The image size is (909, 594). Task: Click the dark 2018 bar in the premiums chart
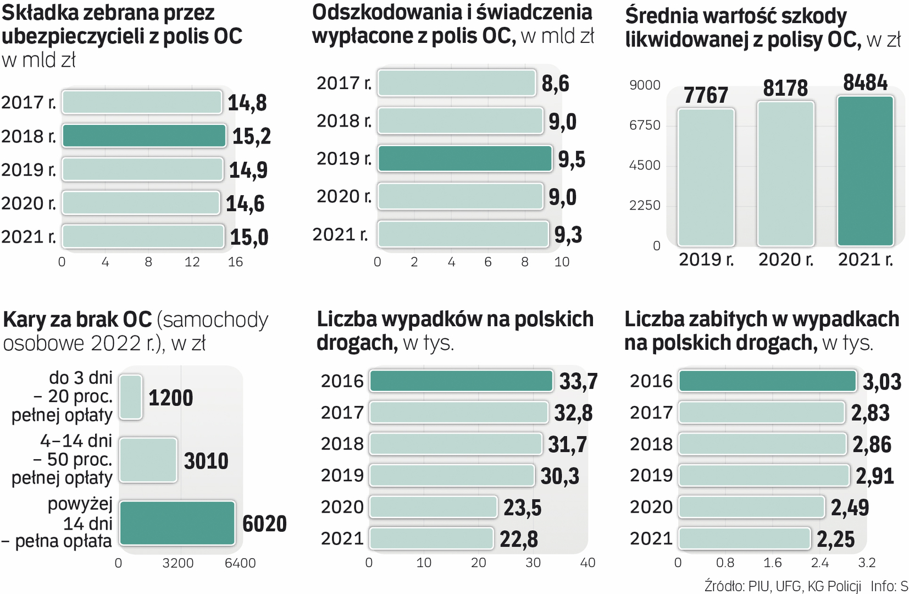pyautogui.click(x=144, y=136)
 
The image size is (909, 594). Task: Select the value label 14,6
pyautogui.click(x=245, y=204)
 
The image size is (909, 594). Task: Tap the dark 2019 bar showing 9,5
pyautogui.click(x=465, y=159)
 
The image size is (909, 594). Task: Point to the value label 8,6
pyautogui.click(x=555, y=84)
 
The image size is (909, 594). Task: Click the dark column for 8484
pyautogui.click(x=865, y=171)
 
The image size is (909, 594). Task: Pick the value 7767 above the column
pyautogui.click(x=706, y=95)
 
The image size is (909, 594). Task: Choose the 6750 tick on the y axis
pyautogui.click(x=645, y=125)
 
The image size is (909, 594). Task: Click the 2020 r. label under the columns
pyautogui.click(x=785, y=260)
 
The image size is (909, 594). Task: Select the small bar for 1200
pyautogui.click(x=131, y=397)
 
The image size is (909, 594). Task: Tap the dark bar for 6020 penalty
pyautogui.click(x=177, y=523)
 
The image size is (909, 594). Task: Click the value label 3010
pyautogui.click(x=206, y=461)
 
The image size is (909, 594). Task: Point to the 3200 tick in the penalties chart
pyautogui.click(x=178, y=563)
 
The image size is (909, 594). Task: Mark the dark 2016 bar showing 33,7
pyautogui.click(x=461, y=381)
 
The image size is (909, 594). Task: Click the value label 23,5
pyautogui.click(x=522, y=508)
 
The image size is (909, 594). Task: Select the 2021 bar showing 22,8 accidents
pyautogui.click(x=431, y=538)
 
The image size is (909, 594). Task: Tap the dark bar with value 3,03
pyautogui.click(x=767, y=381)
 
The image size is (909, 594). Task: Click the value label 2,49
pyautogui.click(x=849, y=508)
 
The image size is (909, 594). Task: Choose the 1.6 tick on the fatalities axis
pyautogui.click(x=772, y=563)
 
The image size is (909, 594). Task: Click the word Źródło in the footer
pyautogui.click(x=724, y=586)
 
